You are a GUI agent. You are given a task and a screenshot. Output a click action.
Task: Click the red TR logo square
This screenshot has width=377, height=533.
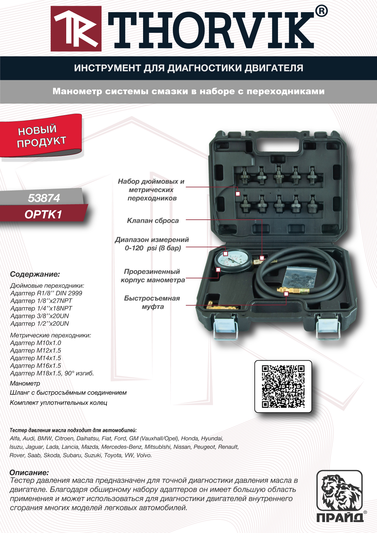[76, 29]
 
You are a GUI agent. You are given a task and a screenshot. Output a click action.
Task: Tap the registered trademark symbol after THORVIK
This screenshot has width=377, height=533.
[321, 11]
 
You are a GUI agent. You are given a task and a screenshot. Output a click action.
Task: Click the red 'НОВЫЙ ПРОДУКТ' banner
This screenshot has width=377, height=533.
[41, 136]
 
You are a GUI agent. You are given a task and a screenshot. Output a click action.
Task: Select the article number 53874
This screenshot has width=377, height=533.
[44, 198]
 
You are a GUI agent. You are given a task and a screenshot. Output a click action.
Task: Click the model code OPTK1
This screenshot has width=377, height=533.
[43, 215]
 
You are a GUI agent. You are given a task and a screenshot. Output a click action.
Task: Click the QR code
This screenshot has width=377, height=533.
[283, 387]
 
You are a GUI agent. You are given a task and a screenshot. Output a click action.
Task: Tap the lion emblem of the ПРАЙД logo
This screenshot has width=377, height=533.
[339, 491]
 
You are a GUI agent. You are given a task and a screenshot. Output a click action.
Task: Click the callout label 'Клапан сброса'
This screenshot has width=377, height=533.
[153, 221]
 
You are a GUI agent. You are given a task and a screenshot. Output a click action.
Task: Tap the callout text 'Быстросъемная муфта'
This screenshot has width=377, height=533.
[152, 302]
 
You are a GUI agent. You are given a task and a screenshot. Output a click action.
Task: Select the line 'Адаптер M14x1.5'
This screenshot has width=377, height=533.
[36, 358]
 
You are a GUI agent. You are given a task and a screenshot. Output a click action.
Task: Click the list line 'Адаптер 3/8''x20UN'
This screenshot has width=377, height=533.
[39, 316]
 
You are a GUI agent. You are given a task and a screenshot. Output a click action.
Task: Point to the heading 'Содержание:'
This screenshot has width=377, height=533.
[35, 274]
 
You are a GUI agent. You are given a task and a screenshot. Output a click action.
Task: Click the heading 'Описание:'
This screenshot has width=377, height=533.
[29, 473]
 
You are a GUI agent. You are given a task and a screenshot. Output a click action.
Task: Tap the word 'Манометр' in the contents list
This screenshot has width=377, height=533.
[25, 383]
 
